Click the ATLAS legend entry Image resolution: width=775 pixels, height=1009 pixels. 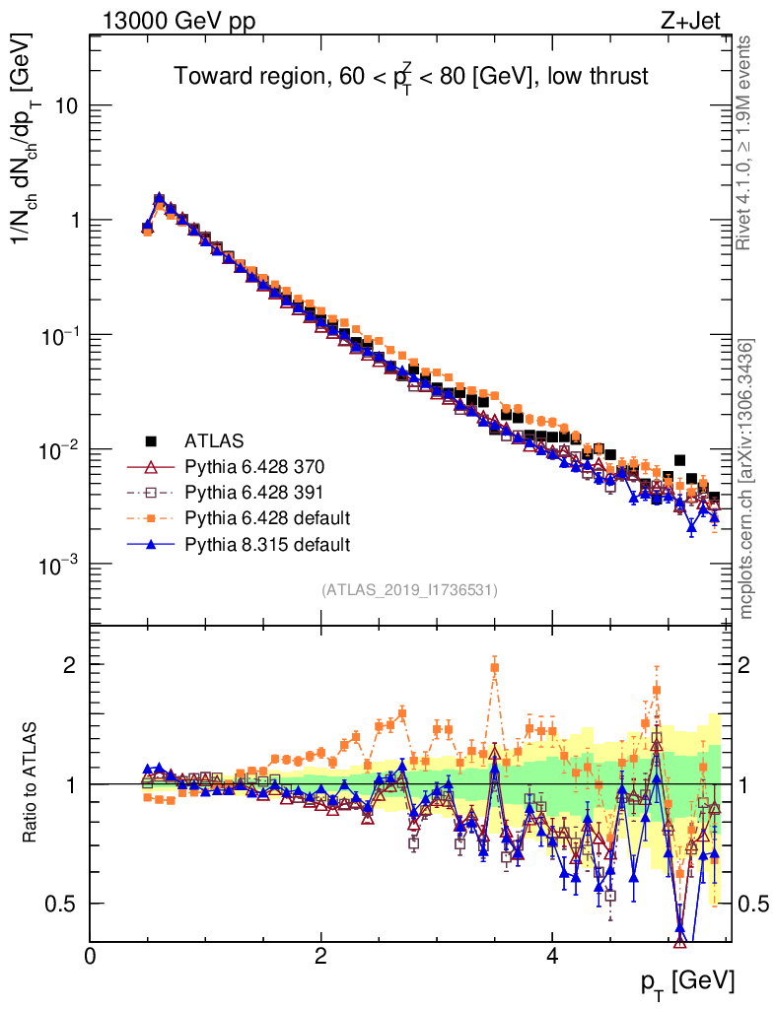(214, 439)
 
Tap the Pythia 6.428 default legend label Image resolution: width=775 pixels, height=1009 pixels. (267, 517)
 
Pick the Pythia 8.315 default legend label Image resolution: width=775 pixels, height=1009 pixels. (267, 543)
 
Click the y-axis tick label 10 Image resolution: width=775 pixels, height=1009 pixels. (67, 106)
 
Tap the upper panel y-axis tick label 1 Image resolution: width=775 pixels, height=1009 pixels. (74, 221)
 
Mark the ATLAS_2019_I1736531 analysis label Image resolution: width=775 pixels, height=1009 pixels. (409, 590)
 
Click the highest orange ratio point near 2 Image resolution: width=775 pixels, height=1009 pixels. (495, 667)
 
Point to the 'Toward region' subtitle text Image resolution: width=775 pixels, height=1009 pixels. (411, 77)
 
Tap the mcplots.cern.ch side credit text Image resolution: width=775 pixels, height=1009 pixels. (746, 478)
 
